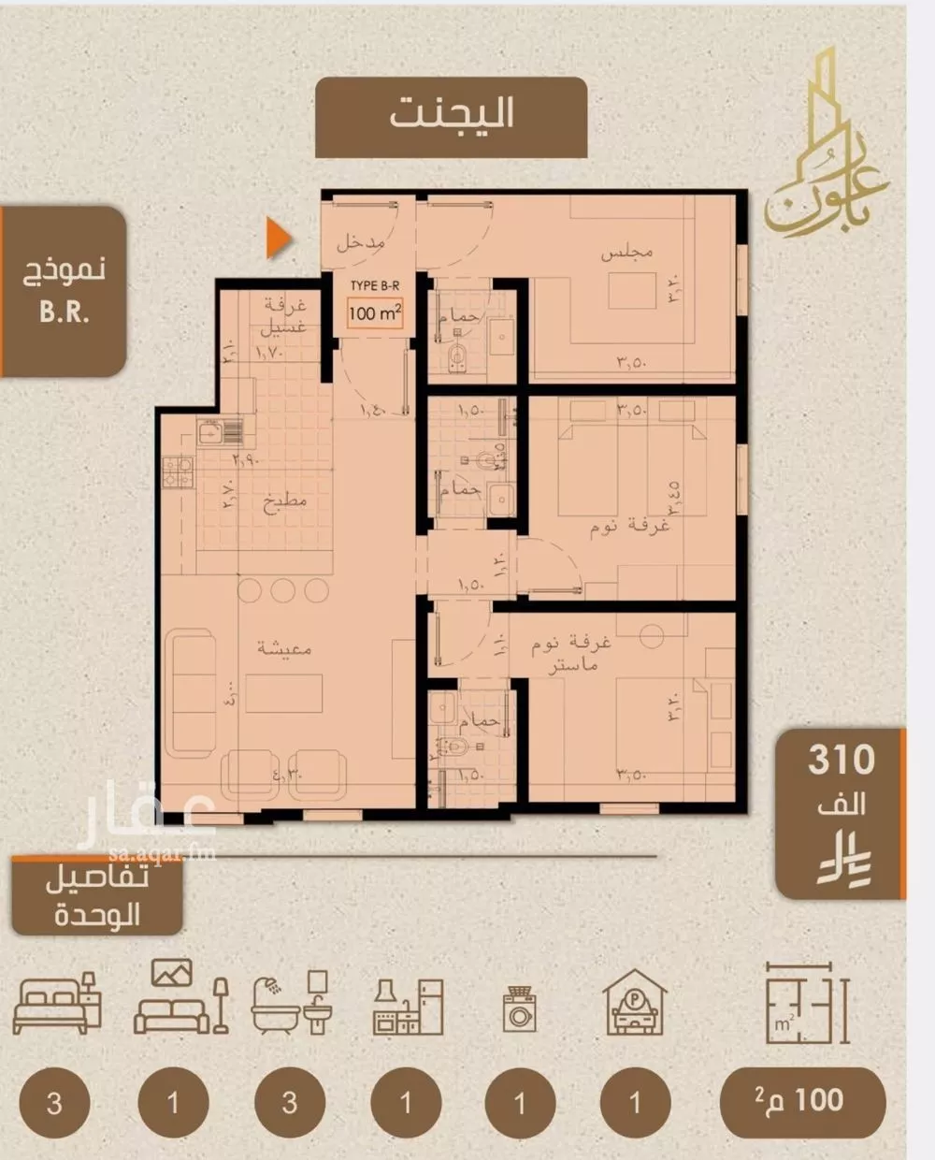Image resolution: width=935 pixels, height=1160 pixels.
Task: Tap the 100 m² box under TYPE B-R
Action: (375, 312)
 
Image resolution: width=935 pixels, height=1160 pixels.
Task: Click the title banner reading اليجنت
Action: (452, 116)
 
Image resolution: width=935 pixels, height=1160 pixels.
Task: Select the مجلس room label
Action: (626, 252)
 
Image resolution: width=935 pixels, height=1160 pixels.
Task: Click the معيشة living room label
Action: (283, 648)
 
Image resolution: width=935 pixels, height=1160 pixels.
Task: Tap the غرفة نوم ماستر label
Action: (571, 654)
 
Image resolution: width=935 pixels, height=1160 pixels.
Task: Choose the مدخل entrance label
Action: (361, 242)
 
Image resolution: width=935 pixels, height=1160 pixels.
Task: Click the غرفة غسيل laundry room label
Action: (279, 316)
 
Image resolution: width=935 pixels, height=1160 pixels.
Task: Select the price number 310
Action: (841, 760)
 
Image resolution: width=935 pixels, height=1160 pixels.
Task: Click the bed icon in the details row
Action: (57, 1002)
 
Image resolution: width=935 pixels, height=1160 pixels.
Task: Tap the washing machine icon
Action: (520, 1009)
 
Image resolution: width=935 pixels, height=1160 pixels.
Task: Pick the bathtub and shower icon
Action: (291, 1002)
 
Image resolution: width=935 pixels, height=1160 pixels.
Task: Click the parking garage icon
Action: (635, 1002)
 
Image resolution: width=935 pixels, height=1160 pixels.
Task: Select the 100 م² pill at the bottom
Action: (802, 1100)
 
